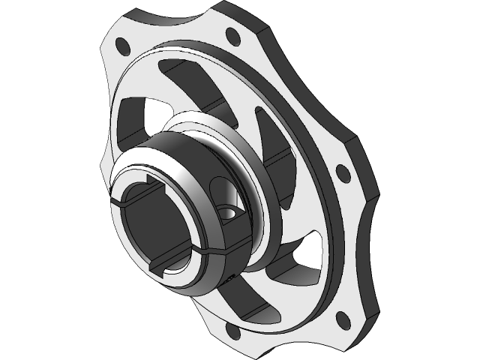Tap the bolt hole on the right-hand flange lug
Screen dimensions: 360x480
click(x=342, y=173)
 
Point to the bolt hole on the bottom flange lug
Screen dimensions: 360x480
click(x=229, y=332)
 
